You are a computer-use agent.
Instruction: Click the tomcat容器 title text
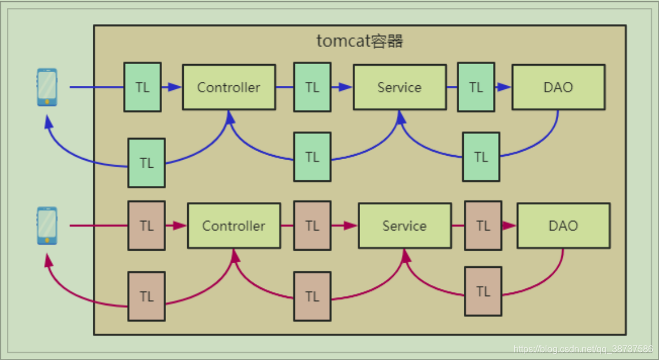click(360, 41)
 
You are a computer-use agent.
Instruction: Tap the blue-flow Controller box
click(228, 88)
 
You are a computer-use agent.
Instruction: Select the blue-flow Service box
click(399, 88)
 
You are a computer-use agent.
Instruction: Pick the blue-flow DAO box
click(558, 88)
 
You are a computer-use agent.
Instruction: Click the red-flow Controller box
click(234, 226)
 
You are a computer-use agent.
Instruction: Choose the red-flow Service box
click(404, 226)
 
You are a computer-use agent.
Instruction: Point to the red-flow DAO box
click(563, 226)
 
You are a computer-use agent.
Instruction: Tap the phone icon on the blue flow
click(47, 87)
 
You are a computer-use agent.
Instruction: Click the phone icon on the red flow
click(47, 226)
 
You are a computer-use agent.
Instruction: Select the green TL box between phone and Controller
click(143, 87)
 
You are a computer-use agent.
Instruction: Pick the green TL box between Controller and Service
click(312, 87)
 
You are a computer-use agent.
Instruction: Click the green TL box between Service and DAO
click(476, 87)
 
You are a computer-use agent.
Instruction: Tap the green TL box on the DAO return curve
click(481, 157)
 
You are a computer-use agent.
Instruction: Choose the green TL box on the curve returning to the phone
click(147, 163)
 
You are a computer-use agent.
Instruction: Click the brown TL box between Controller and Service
click(312, 226)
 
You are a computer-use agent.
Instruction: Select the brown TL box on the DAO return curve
click(483, 291)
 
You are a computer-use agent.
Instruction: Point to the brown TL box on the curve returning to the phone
click(147, 296)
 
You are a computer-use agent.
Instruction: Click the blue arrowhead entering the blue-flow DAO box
click(504, 87)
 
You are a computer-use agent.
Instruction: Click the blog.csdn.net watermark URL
click(583, 349)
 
